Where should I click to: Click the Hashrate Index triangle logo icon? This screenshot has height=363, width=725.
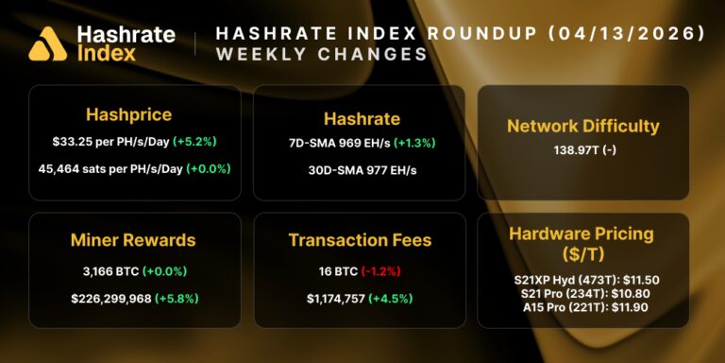47,43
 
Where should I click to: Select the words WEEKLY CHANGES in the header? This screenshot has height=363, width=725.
322,55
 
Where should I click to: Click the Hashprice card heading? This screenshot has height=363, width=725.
128,114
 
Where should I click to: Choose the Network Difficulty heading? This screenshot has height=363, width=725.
582,126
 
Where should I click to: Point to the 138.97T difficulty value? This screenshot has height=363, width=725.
571,150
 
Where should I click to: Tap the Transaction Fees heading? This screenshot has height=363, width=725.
359,241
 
